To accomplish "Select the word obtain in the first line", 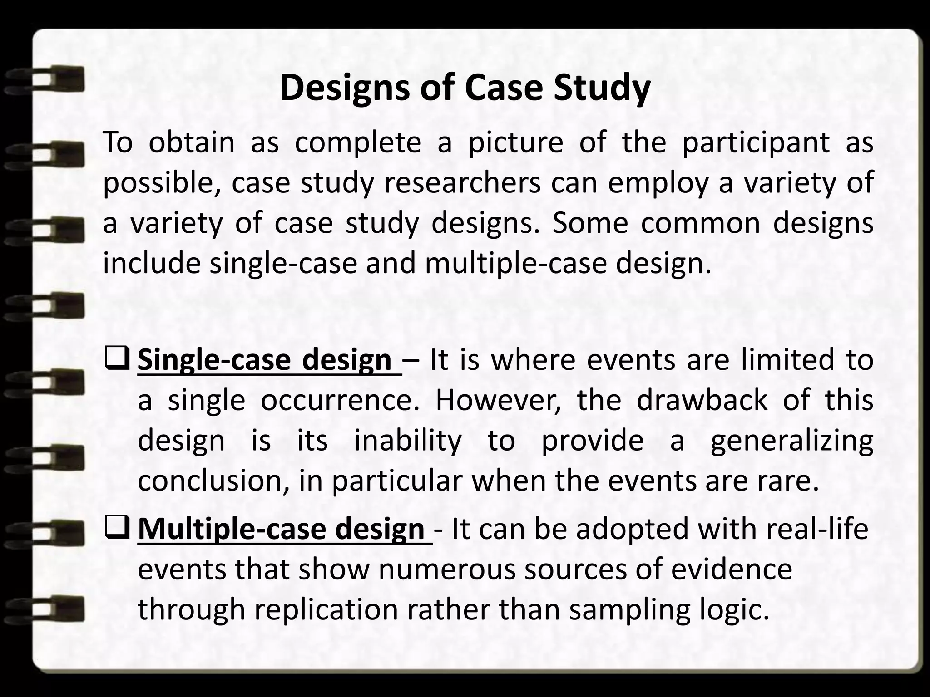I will (192, 142).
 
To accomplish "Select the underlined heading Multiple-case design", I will (281, 529).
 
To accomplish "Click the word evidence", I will (731, 569).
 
